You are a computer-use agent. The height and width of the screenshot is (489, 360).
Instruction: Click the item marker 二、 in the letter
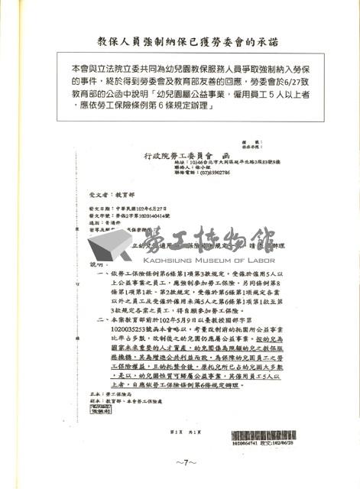[102, 332]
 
